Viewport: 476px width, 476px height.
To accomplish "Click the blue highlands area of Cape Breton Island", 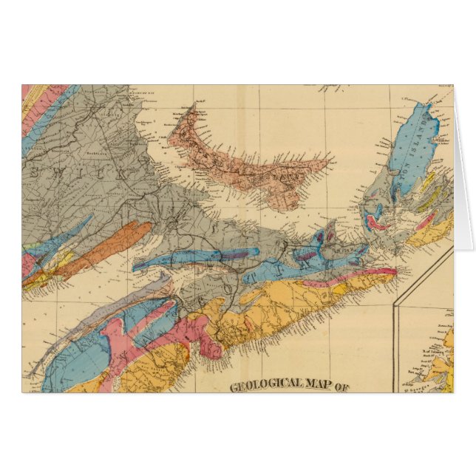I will coord(410,137).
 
